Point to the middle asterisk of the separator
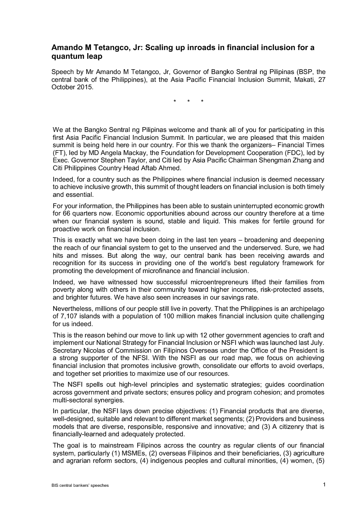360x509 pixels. point(188,102)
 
